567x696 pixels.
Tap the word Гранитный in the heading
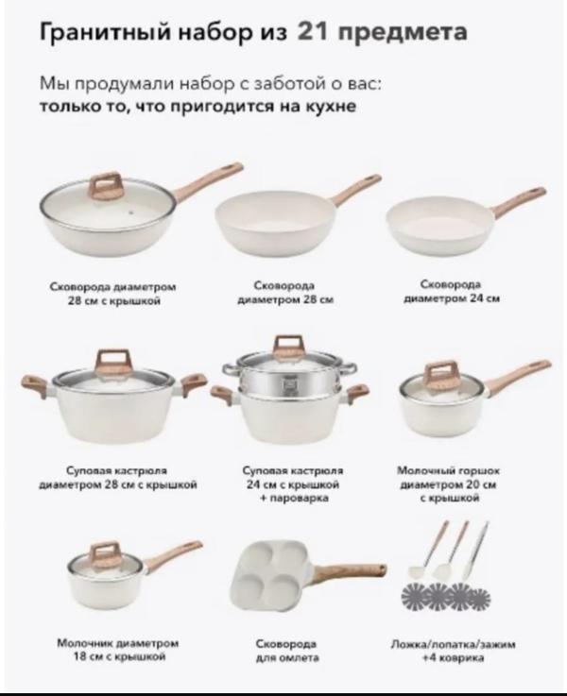coord(105,33)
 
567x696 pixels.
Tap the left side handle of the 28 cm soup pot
coord(36,384)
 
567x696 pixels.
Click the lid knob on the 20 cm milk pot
coord(440,374)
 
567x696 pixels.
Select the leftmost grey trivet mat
coord(416,596)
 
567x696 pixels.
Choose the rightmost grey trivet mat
coord(478,596)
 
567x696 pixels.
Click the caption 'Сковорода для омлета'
coord(287,651)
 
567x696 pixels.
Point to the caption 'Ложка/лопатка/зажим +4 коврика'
coord(453,651)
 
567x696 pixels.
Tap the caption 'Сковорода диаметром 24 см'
coord(452,291)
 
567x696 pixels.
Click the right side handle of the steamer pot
coord(356,393)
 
